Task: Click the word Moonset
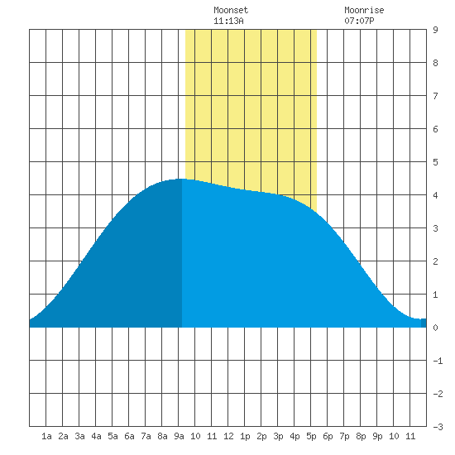coord(231,10)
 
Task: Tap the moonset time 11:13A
coord(228,21)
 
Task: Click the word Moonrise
coord(364,10)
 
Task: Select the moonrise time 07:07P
coord(359,21)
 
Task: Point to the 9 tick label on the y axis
coord(435,30)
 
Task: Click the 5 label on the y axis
coord(435,162)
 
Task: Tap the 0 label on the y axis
coord(435,328)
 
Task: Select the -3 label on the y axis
coord(438,427)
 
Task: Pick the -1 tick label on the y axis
coord(438,361)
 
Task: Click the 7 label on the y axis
coord(435,96)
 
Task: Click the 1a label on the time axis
coord(46,436)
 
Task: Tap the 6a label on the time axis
coord(129,436)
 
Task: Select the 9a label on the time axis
coord(179,436)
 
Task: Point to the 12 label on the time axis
coord(228,436)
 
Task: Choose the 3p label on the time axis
coord(278,436)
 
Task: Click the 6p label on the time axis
coord(328,436)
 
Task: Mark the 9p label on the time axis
coord(377,436)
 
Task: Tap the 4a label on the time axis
coord(96,436)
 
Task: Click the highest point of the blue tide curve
coord(181,179)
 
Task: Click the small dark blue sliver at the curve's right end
coord(424,323)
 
